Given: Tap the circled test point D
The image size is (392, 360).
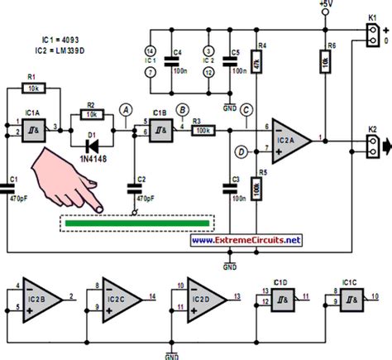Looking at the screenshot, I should [242, 152].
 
